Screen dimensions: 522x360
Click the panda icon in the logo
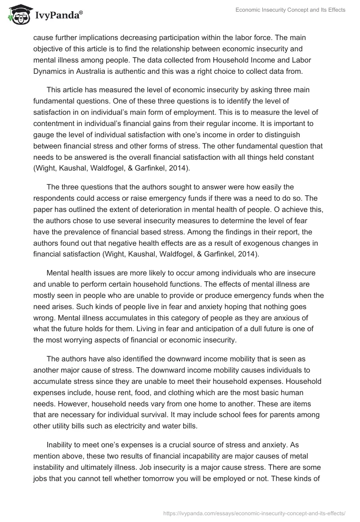point(17,15)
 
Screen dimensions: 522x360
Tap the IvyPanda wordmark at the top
point(58,16)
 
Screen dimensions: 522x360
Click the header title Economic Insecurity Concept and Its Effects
point(290,10)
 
